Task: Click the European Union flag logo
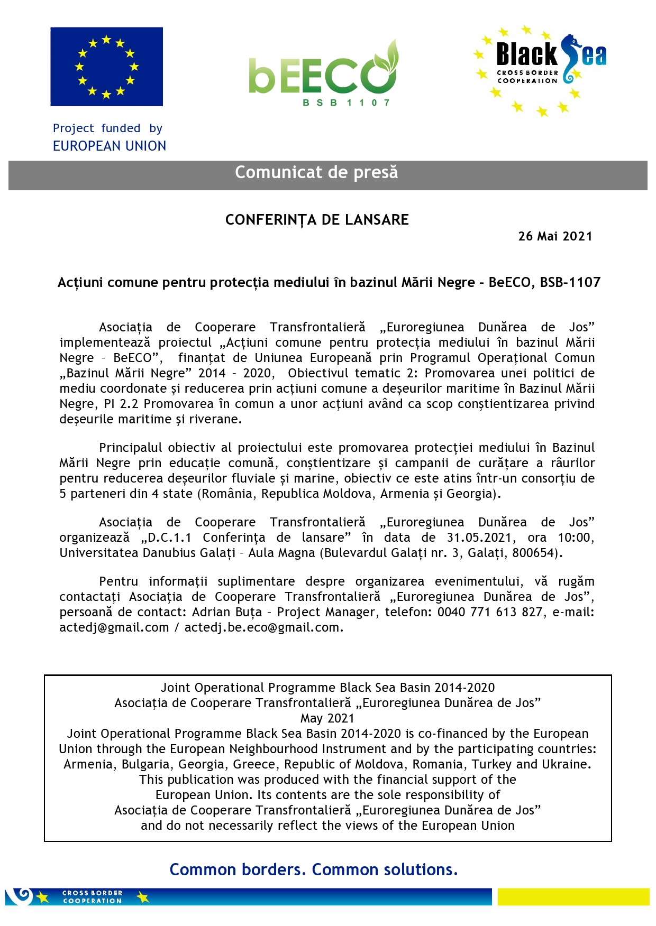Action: pos(106,67)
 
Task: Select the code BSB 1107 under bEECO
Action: pos(346,103)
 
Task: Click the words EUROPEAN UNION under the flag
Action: pos(110,146)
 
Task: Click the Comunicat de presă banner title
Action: pos(316,172)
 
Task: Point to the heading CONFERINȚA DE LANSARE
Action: pos(317,220)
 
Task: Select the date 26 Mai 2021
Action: pos(555,236)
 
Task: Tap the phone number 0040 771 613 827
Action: pos(490,612)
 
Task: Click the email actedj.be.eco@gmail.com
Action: pos(262,627)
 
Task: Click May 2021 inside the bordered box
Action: pos(327,718)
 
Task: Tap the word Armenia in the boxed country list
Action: pos(88,764)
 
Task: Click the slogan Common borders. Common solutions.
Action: pos(313,869)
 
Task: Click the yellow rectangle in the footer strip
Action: pos(573,896)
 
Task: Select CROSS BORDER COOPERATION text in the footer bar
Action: pos(93,896)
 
